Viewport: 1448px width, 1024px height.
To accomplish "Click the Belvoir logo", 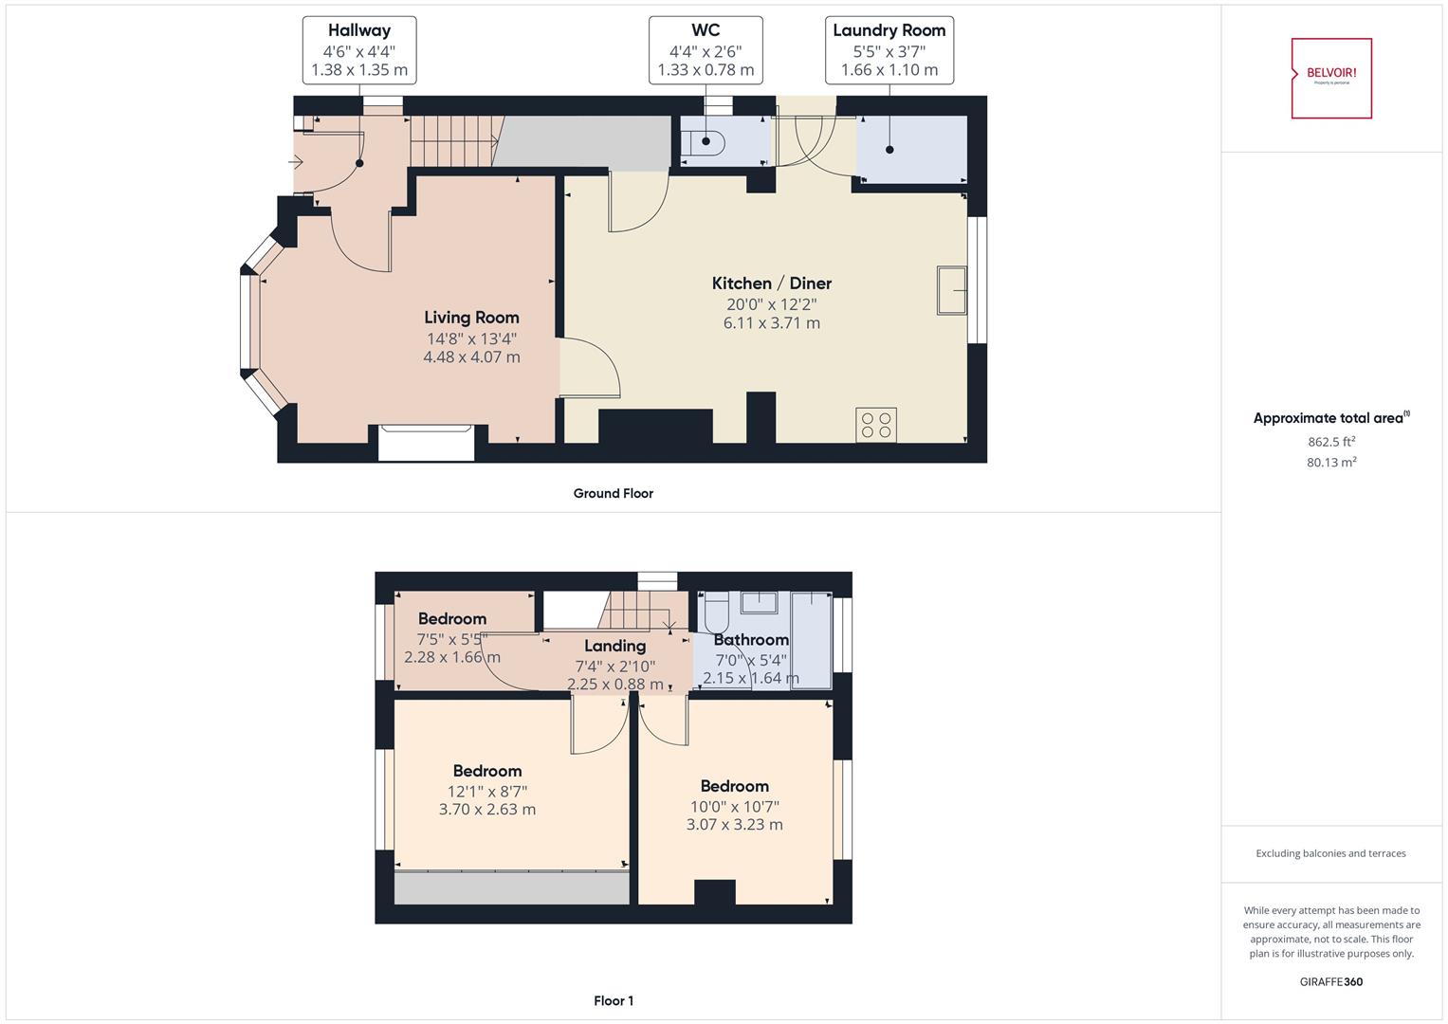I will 1331,78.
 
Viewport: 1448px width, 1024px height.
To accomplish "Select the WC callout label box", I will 706,50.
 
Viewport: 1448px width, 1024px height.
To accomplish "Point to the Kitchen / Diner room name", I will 771,283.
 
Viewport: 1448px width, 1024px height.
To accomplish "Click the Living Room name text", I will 471,318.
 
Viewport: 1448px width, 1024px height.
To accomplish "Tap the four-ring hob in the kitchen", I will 875,425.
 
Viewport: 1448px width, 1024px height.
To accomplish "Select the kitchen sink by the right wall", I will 951,290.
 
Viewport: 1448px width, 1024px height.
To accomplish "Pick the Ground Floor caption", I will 613,493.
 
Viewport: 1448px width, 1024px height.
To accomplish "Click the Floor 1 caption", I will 613,1000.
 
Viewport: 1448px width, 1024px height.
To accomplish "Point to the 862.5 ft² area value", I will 1330,442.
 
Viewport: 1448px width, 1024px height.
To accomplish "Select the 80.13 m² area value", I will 1330,463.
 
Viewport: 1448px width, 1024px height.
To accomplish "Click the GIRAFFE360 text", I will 1330,981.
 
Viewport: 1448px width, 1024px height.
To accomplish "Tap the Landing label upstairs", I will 614,646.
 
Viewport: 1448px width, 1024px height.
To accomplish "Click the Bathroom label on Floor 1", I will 750,640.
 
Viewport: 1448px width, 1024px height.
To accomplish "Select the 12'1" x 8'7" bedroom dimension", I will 486,791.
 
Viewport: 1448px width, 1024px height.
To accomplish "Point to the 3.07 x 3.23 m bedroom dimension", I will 734,825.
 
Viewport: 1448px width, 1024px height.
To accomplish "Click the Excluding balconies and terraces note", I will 1330,853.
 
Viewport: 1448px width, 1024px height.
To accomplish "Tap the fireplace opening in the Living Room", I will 426,444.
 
